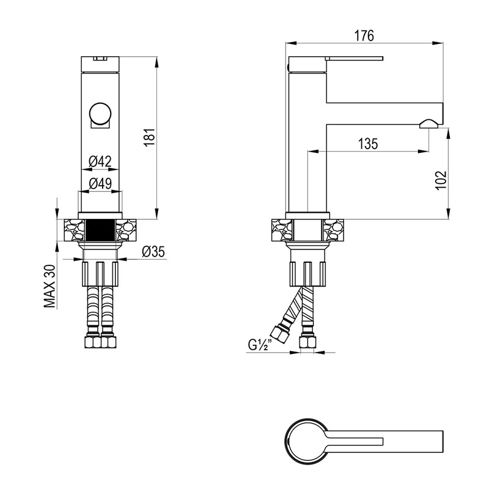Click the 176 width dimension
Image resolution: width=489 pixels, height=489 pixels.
coord(364,36)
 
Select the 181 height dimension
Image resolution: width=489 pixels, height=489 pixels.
coord(150,136)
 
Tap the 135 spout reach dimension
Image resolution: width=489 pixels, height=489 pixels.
coord(368,144)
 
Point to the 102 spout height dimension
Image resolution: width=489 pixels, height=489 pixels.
coord(441,180)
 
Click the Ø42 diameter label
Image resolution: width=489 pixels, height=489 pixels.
coord(100,161)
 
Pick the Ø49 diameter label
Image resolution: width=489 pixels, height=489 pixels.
coord(100,184)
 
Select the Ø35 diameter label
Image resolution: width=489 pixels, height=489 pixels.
coord(153,252)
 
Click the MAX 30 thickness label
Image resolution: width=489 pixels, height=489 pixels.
coord(50,286)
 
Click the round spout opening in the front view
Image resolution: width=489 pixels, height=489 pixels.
coord(100,113)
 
